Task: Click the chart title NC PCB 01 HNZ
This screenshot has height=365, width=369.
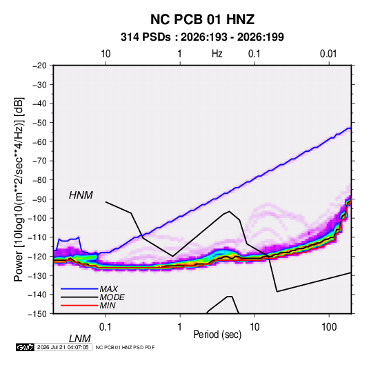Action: click(202, 19)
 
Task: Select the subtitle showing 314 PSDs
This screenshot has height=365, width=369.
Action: click(202, 37)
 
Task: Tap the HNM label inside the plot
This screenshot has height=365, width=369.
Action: click(81, 195)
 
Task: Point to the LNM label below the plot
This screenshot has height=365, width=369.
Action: click(80, 339)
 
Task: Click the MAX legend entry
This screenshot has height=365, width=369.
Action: click(109, 288)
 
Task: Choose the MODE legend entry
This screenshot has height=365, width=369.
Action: click(112, 297)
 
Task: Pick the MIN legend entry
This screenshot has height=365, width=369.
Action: click(108, 306)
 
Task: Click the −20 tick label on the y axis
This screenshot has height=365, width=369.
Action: click(39, 66)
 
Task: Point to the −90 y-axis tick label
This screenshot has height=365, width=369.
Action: click(39, 199)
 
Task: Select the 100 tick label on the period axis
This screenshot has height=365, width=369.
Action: click(329, 327)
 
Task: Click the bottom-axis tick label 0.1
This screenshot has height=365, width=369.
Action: click(106, 327)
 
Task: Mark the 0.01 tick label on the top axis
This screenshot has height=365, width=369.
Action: click(328, 54)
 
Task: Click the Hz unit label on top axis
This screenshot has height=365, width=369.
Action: click(217, 54)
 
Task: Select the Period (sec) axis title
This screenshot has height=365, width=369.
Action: click(217, 335)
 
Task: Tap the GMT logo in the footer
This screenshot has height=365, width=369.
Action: click(26, 347)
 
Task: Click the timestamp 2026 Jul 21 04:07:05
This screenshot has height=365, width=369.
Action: click(63, 347)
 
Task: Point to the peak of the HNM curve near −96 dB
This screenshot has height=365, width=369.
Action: click(229, 211)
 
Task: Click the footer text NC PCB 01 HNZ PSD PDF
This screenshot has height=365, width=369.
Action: click(126, 347)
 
